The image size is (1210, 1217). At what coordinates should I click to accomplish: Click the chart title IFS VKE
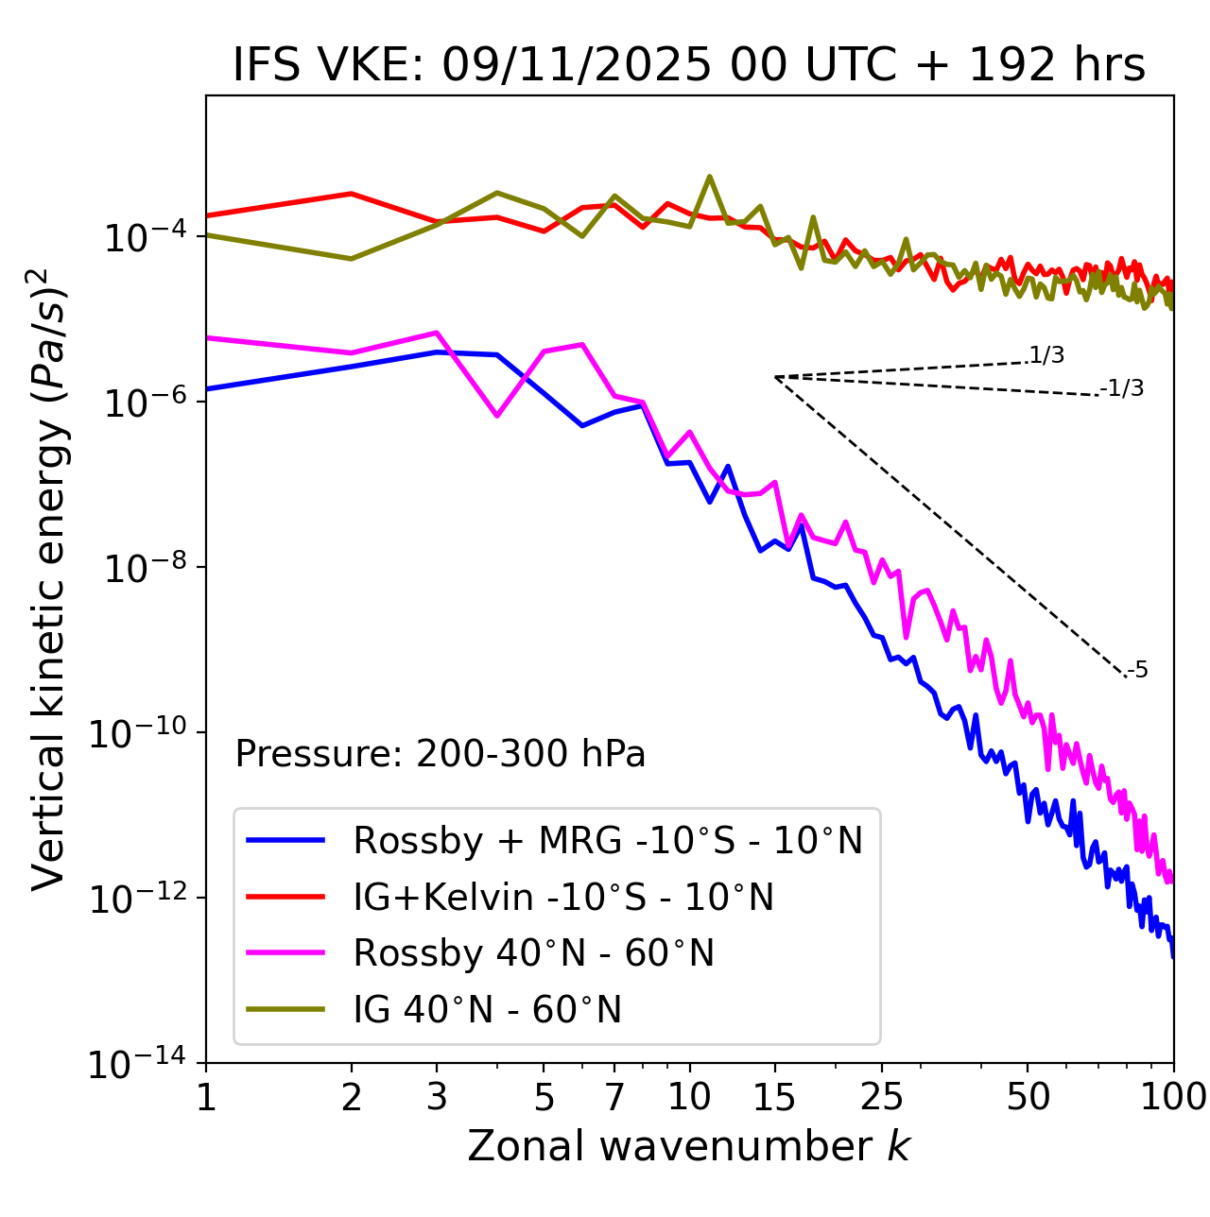point(689,65)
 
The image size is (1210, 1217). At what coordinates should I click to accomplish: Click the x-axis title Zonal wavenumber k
point(689,1145)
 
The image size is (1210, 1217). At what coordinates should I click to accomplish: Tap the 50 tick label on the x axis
point(1028,1096)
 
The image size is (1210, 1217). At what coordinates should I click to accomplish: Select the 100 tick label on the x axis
point(1174,1096)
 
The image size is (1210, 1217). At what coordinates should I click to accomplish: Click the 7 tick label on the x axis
point(614,1096)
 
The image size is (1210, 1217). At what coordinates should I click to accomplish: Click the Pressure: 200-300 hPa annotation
point(440,754)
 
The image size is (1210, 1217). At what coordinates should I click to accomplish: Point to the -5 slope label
point(1138,670)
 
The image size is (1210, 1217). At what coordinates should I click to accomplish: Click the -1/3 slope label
point(1123,387)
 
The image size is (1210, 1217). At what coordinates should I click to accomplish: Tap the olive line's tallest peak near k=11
point(710,177)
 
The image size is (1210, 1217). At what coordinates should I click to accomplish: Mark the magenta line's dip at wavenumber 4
point(497,416)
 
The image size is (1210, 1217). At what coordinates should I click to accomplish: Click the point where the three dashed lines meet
point(775,377)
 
